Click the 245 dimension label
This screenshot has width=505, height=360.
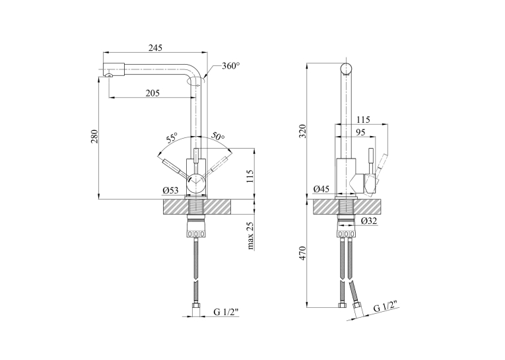(155, 48)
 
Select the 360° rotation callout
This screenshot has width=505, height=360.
(230, 66)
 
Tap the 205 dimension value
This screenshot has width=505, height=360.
(152, 93)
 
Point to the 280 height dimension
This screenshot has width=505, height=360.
(94, 137)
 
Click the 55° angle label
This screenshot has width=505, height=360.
(172, 138)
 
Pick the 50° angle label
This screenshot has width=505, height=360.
(218, 136)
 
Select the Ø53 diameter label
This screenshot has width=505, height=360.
(170, 191)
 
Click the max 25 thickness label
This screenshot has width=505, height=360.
(250, 236)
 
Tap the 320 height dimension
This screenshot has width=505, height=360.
(303, 131)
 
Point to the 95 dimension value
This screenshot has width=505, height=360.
(360, 133)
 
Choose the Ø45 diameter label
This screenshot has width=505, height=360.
(321, 189)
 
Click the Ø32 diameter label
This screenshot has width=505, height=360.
(369, 221)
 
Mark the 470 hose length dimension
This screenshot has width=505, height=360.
(303, 254)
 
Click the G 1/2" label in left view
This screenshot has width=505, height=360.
(226, 312)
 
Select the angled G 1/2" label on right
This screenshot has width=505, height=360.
(386, 306)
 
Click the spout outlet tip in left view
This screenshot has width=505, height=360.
(110, 75)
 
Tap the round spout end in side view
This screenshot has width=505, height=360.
(346, 69)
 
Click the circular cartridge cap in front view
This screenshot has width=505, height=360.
(196, 182)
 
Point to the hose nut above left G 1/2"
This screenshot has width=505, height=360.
(196, 306)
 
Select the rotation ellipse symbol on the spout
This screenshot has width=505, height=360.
(197, 82)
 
